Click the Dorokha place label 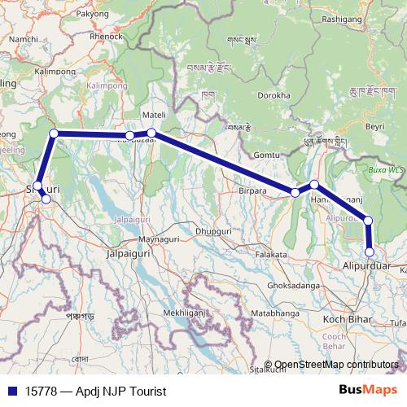[x=272, y=95]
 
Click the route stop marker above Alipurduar [x=368, y=221]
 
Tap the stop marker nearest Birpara [x=295, y=192]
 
